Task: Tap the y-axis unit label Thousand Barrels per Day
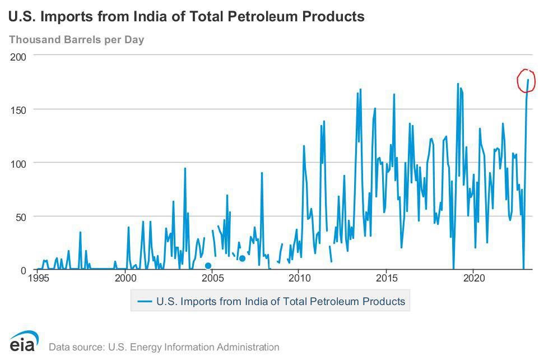[x=76, y=40]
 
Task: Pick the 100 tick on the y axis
[x=18, y=163]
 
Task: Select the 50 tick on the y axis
[x=21, y=216]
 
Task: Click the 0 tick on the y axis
[x=24, y=270]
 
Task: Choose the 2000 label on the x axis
[x=125, y=278]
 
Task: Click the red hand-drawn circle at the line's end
[x=526, y=81]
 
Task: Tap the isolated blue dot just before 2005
[x=208, y=266]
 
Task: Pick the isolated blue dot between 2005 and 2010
[x=242, y=259]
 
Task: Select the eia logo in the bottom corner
[x=24, y=341]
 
